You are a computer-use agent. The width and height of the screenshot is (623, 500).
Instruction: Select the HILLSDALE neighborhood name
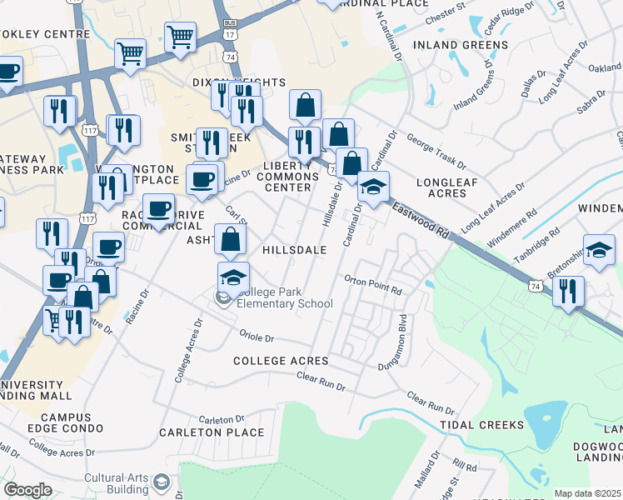click(x=293, y=249)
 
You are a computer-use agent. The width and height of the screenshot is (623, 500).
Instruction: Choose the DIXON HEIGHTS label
click(x=239, y=82)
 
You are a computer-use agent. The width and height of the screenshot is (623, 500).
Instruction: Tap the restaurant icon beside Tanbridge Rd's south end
click(x=568, y=292)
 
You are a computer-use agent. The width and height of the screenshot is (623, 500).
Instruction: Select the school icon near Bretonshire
click(x=599, y=251)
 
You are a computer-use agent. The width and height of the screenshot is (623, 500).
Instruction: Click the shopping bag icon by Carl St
click(x=231, y=239)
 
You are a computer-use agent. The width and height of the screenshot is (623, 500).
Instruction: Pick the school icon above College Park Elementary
click(x=233, y=277)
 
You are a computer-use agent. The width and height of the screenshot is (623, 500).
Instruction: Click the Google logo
click(x=27, y=490)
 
